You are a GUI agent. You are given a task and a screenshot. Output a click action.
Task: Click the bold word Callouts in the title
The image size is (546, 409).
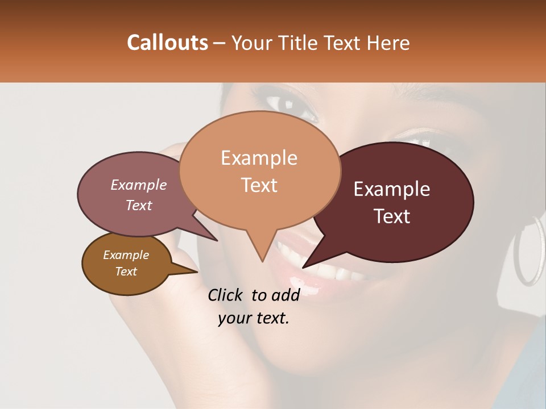[x=167, y=43]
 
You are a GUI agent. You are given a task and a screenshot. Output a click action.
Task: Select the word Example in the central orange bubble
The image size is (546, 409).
[x=259, y=158]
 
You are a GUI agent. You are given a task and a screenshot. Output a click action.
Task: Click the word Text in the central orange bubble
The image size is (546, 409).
[x=259, y=185]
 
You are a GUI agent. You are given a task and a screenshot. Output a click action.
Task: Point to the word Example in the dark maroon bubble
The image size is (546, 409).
[x=392, y=189]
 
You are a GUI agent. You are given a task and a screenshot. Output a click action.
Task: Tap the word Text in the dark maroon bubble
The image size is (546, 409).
[x=392, y=216]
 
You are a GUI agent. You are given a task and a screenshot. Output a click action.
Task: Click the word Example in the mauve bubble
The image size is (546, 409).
[x=138, y=185]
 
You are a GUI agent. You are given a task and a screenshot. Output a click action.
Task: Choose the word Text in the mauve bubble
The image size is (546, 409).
[x=139, y=205]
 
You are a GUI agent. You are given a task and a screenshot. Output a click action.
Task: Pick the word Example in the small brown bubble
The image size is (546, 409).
[x=126, y=255]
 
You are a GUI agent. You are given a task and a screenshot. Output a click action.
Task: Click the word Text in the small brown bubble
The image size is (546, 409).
[x=126, y=272]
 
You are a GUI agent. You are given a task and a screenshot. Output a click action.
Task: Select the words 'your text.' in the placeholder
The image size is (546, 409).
[x=254, y=318]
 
